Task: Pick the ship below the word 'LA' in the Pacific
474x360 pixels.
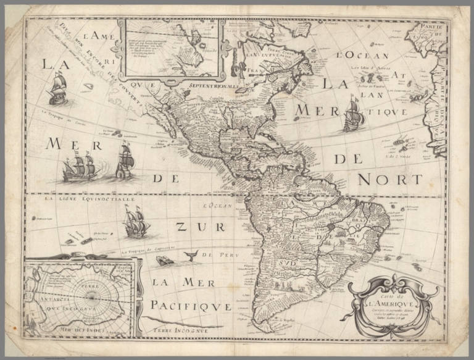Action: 57,88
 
